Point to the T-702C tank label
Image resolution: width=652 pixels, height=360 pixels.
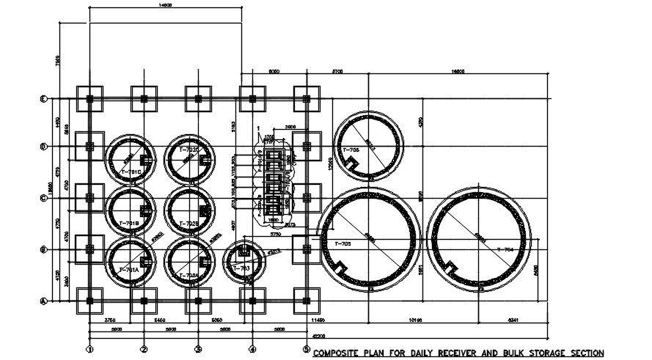(188, 150)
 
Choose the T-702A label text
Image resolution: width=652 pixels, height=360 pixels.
(188, 276)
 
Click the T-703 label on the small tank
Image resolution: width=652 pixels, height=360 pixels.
(241, 269)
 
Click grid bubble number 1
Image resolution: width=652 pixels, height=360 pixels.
(89, 349)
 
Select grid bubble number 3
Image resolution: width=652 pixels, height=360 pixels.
(198, 349)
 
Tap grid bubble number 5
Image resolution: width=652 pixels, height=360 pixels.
(307, 349)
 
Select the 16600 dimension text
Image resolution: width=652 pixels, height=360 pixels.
(458, 71)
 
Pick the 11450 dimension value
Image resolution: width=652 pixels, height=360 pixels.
(317, 320)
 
